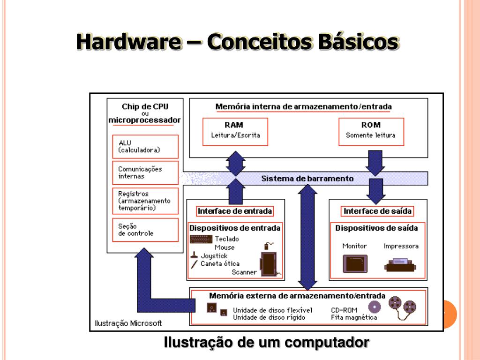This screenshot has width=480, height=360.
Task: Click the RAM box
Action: [x=235, y=131]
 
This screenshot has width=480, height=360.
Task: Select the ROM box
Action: [x=370, y=131]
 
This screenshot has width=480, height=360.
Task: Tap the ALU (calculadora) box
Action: [x=145, y=146]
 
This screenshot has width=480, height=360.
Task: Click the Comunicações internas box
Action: [x=145, y=172]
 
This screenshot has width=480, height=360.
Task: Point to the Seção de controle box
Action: [x=145, y=230]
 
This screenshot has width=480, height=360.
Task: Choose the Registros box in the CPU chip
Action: [x=145, y=201]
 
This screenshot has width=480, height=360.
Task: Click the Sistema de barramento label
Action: [x=307, y=179]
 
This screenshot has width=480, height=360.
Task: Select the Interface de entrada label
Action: [x=235, y=211]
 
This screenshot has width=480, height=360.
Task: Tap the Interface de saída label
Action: [x=377, y=211]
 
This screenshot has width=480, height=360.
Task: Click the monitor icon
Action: [x=355, y=263]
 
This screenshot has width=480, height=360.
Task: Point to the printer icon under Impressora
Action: [x=400, y=265]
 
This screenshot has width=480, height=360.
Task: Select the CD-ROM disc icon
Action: [x=375, y=307]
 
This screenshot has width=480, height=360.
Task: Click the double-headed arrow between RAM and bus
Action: [x=235, y=163]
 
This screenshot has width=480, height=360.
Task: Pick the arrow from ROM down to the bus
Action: [x=375, y=162]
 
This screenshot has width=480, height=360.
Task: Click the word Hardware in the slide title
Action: [x=129, y=42]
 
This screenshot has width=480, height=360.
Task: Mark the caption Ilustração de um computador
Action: [x=266, y=343]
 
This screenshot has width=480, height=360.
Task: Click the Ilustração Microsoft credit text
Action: [x=128, y=323]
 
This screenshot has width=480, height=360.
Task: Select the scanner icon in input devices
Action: [x=268, y=264]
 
